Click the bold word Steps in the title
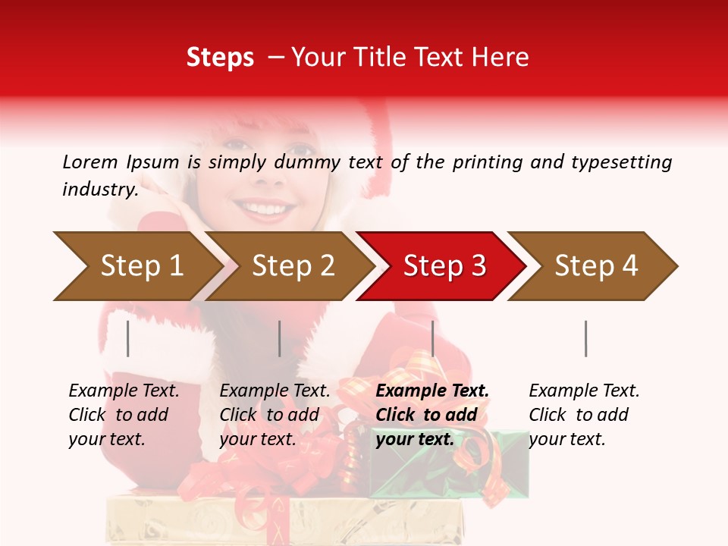coord(220,58)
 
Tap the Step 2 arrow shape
coord(293,266)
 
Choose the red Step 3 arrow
coord(444,266)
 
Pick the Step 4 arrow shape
coord(596,266)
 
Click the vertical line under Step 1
coord(128,338)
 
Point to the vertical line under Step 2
coord(280,338)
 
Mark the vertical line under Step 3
coord(432,338)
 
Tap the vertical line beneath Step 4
coord(585,338)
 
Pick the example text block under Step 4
coord(584,415)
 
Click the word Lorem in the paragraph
coord(90,162)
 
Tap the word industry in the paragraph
coord(100,190)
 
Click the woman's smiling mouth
coord(264,206)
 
